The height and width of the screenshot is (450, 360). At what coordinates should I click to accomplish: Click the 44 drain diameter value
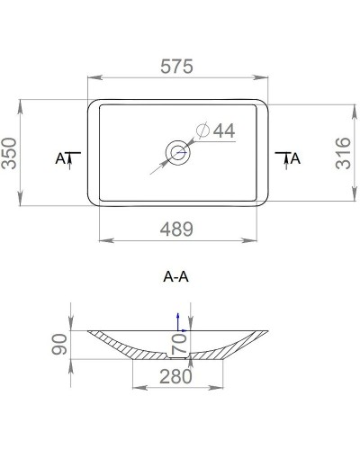pos(223,131)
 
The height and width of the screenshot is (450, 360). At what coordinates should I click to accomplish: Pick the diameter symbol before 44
pos(202,131)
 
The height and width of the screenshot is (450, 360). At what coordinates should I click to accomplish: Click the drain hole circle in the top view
pos(178,151)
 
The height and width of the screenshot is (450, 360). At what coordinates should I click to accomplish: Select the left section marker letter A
pos(60,158)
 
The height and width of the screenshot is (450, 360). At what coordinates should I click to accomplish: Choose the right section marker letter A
pos(296,158)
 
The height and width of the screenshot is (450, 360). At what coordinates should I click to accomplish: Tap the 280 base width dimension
pos(177,377)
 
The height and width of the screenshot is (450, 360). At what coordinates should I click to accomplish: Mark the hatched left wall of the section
pos(117,346)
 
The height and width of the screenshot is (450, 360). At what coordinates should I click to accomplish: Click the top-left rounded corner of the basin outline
pos(91,103)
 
